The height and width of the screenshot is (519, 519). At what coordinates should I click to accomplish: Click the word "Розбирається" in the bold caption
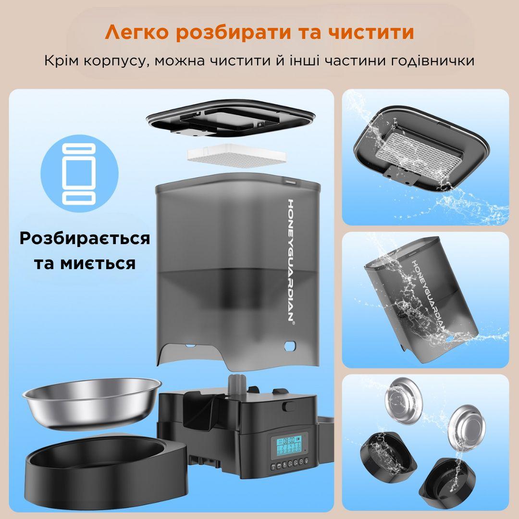[85, 238]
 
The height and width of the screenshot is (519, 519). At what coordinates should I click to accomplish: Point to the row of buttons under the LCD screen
[288, 465]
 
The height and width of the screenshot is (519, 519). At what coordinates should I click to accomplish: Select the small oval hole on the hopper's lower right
[290, 345]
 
